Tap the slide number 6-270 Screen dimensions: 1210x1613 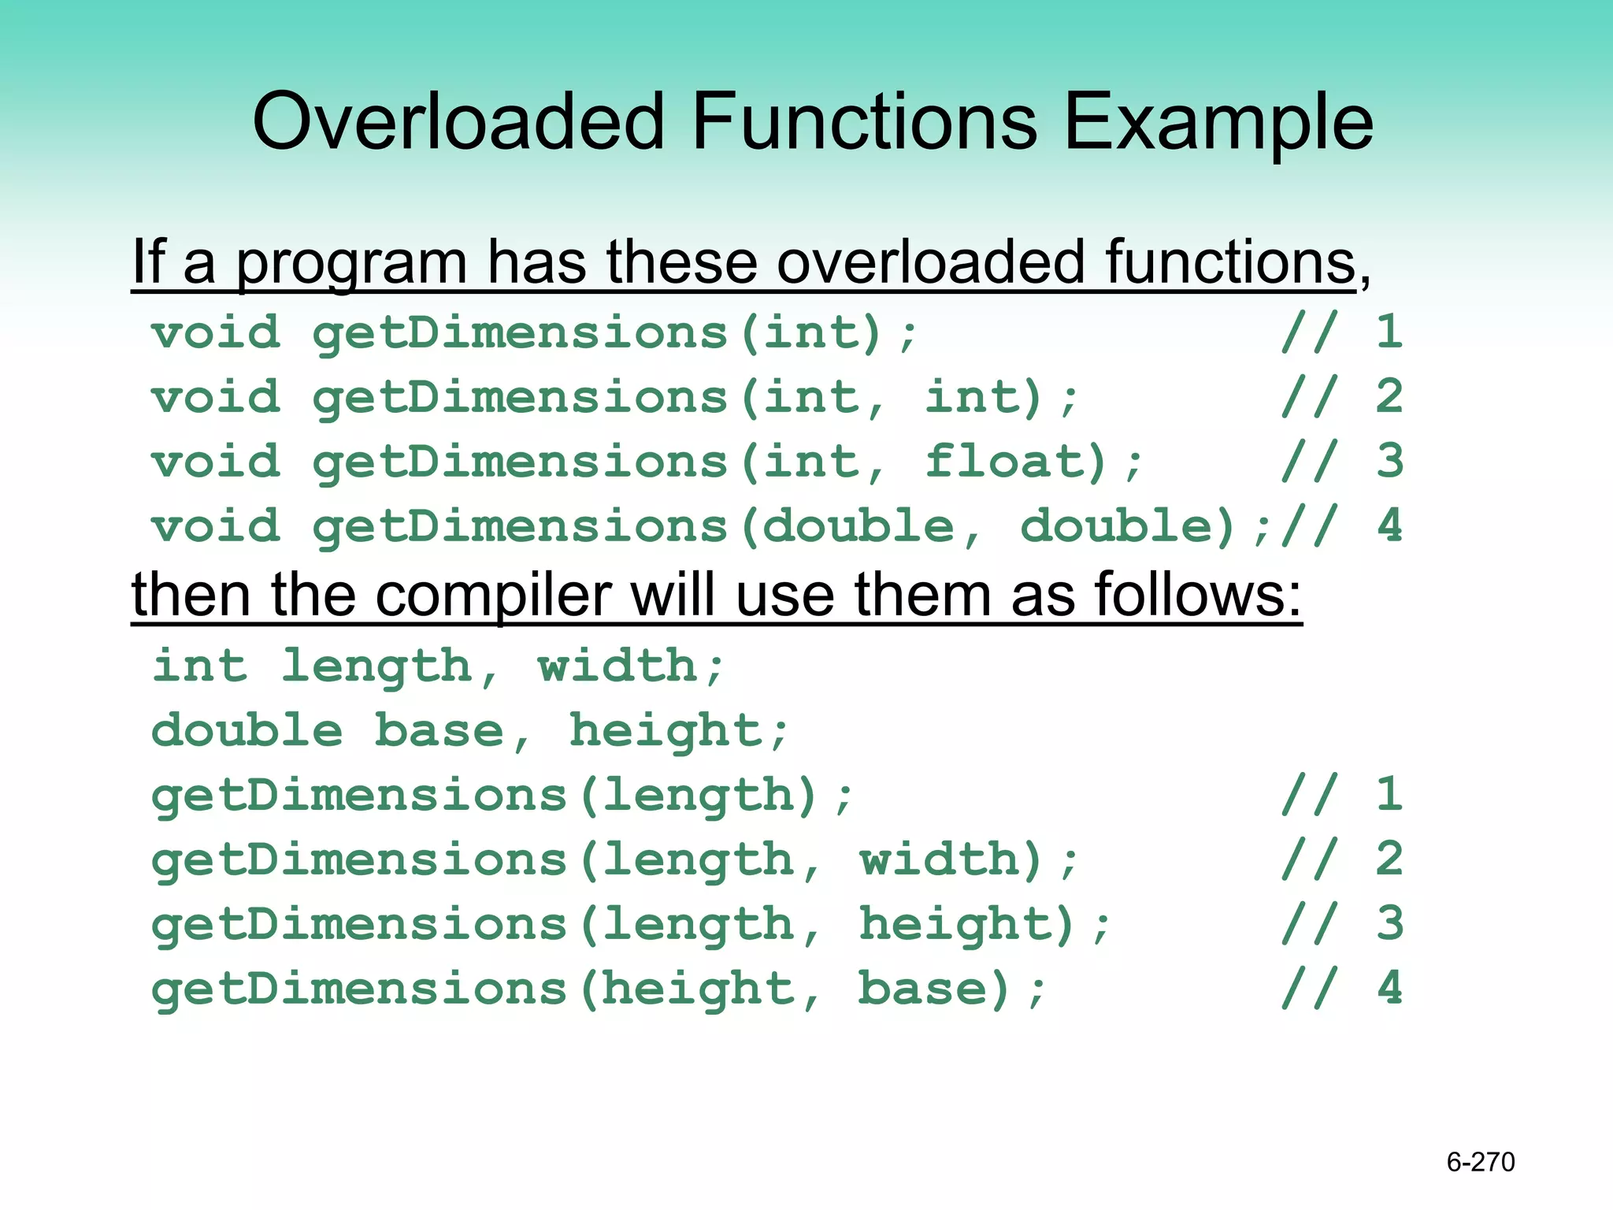tap(1480, 1162)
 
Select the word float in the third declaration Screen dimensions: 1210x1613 tap(1015, 462)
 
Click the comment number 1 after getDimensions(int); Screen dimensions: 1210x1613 tap(1389, 332)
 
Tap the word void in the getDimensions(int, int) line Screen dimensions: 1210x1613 tap(216, 397)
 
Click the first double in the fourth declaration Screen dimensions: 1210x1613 tap(858, 526)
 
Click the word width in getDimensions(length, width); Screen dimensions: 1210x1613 tap(951, 859)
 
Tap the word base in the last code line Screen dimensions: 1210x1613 tap(933, 989)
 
